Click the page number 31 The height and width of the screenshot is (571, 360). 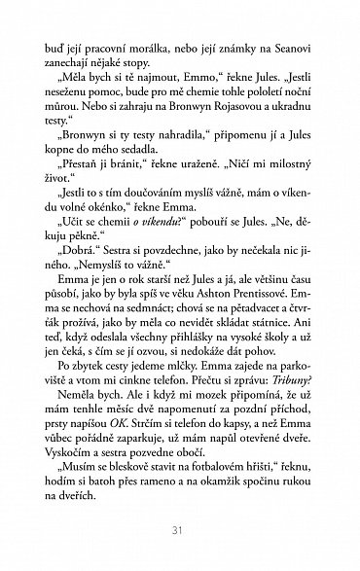180,529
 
